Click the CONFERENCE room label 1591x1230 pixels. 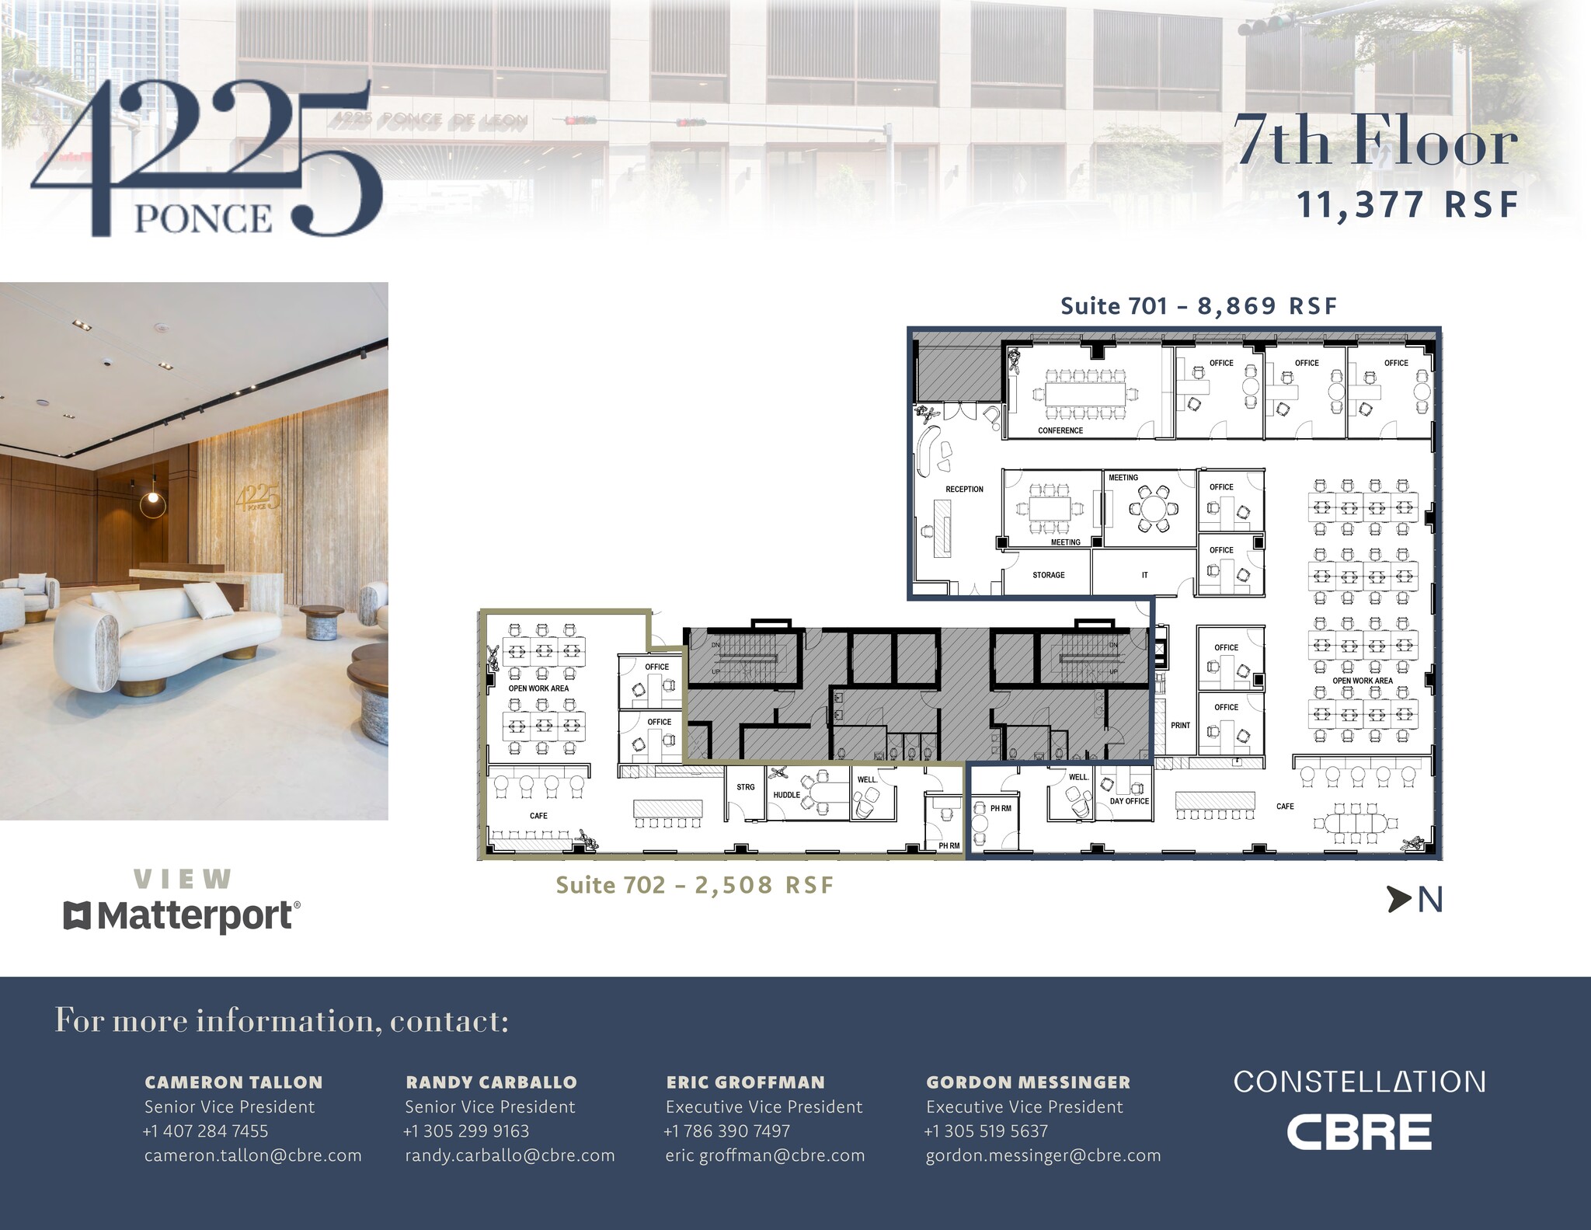click(1060, 430)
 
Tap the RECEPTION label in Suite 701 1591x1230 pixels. click(964, 490)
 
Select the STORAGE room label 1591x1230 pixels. click(1048, 575)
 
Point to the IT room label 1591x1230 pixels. click(1144, 575)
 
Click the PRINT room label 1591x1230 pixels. click(1180, 726)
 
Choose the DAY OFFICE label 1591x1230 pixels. click(1129, 801)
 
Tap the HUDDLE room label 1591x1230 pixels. click(786, 795)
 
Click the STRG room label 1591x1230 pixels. click(745, 787)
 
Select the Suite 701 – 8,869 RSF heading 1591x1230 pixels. click(1199, 306)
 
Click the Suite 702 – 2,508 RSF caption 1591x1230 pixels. click(695, 886)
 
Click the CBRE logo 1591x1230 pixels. click(1359, 1132)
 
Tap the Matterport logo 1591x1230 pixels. click(181, 916)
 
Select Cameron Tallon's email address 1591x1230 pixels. click(252, 1155)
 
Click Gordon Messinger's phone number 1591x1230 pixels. click(986, 1131)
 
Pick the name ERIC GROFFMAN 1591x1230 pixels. click(745, 1082)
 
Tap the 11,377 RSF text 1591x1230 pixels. click(1407, 205)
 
